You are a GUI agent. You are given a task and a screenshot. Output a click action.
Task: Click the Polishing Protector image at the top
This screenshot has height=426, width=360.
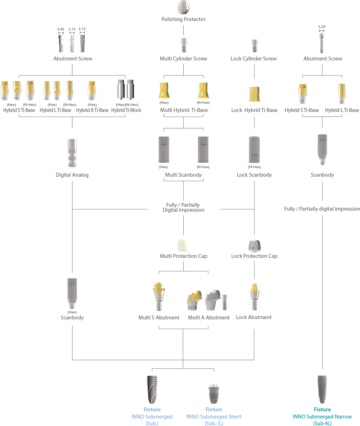[x=183, y=7]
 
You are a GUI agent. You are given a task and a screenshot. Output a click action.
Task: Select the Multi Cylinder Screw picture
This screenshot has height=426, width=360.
[x=183, y=45]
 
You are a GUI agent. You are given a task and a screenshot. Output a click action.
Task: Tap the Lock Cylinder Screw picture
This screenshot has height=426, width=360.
[x=254, y=46]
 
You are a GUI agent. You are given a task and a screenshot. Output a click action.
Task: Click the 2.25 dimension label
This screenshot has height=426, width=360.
[x=322, y=26]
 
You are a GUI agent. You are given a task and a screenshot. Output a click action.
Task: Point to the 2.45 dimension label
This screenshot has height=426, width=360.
[x=60, y=29]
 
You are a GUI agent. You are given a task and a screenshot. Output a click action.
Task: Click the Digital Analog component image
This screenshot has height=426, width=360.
[x=72, y=153]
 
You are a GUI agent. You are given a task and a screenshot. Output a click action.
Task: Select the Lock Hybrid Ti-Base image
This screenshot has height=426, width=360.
[x=254, y=95]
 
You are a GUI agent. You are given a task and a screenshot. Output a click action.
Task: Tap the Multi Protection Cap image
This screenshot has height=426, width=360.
[x=183, y=245]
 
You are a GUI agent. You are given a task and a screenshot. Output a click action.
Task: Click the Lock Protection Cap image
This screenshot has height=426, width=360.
[x=254, y=246]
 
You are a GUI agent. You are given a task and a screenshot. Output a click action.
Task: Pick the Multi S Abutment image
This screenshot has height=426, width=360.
[x=159, y=297]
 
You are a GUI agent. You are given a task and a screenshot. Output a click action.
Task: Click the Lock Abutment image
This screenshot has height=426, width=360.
[x=254, y=297]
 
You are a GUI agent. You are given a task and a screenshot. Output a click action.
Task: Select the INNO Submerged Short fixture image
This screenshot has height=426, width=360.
[x=214, y=393]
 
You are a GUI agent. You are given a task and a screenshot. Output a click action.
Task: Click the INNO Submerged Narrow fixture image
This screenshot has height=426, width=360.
[x=322, y=390]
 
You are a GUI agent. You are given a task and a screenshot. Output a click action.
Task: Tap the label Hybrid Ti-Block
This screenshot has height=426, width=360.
[x=126, y=110]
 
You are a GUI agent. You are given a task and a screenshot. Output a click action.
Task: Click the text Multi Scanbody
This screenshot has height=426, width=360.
[x=183, y=175]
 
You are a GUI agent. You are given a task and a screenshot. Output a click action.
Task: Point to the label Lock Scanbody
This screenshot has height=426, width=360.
[x=254, y=175]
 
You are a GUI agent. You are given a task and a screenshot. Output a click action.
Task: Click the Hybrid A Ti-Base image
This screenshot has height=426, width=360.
[x=92, y=90]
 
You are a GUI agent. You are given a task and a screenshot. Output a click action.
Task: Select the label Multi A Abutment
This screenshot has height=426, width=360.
[x=209, y=318]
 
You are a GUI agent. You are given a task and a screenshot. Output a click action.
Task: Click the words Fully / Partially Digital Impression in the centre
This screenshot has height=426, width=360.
[x=183, y=207]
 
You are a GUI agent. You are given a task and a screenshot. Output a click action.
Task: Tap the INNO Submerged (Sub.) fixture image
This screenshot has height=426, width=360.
[x=152, y=390]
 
